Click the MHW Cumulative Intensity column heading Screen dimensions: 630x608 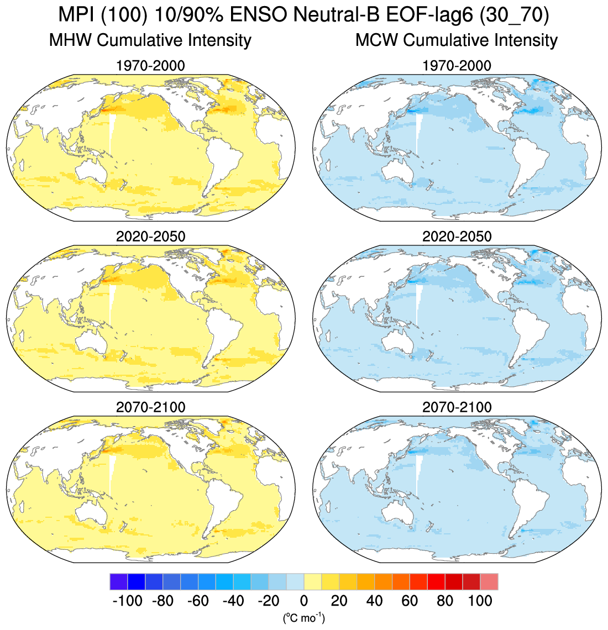(x=150, y=40)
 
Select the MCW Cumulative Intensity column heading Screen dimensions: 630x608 (x=457, y=40)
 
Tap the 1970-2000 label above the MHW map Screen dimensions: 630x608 (x=150, y=66)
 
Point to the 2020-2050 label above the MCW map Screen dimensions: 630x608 (x=457, y=237)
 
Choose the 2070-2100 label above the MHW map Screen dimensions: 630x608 (x=150, y=407)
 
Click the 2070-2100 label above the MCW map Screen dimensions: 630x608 (x=457, y=407)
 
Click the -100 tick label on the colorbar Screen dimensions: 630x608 (x=127, y=601)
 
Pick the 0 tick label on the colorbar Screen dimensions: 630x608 (x=304, y=601)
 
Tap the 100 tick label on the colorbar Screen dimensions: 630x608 (x=480, y=601)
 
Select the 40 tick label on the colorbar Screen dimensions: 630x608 (x=374, y=601)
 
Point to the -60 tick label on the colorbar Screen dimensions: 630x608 (x=198, y=601)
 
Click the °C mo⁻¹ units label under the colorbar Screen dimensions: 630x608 (x=303, y=617)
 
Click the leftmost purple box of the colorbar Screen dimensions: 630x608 (x=118, y=582)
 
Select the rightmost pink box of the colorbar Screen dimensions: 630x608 (x=489, y=582)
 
